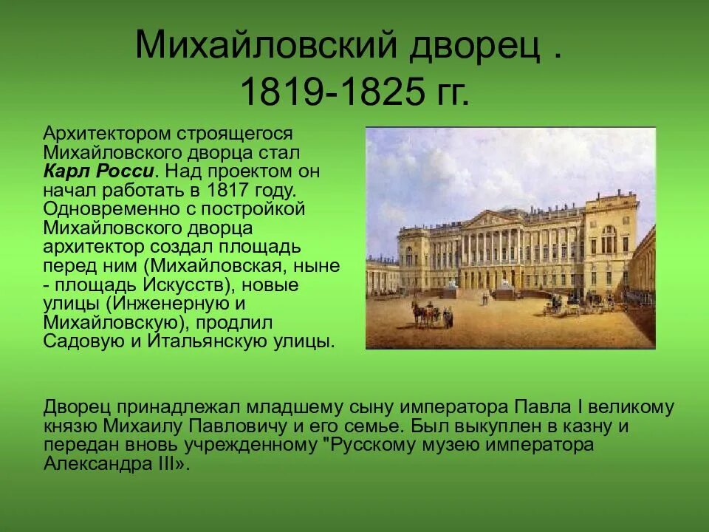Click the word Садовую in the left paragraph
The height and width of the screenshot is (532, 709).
click(80, 342)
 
